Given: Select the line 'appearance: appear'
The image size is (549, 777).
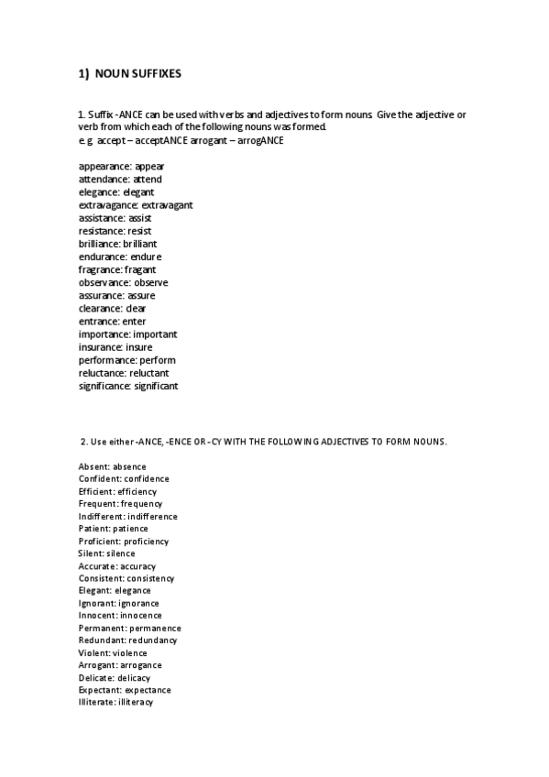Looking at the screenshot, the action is [x=122, y=167].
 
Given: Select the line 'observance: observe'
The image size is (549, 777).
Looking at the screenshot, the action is [x=124, y=282].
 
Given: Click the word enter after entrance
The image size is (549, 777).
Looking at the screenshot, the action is [x=134, y=322].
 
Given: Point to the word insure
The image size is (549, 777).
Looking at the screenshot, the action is [x=139, y=347].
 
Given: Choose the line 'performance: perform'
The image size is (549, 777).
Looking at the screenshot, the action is [x=127, y=360].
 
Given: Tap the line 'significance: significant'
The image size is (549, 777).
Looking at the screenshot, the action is [x=128, y=386].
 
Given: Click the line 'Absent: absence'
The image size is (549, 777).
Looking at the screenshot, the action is [x=112, y=466].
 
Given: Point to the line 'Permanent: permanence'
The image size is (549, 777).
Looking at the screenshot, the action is [x=129, y=629].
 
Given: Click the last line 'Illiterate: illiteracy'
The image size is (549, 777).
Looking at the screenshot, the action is [x=116, y=702].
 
